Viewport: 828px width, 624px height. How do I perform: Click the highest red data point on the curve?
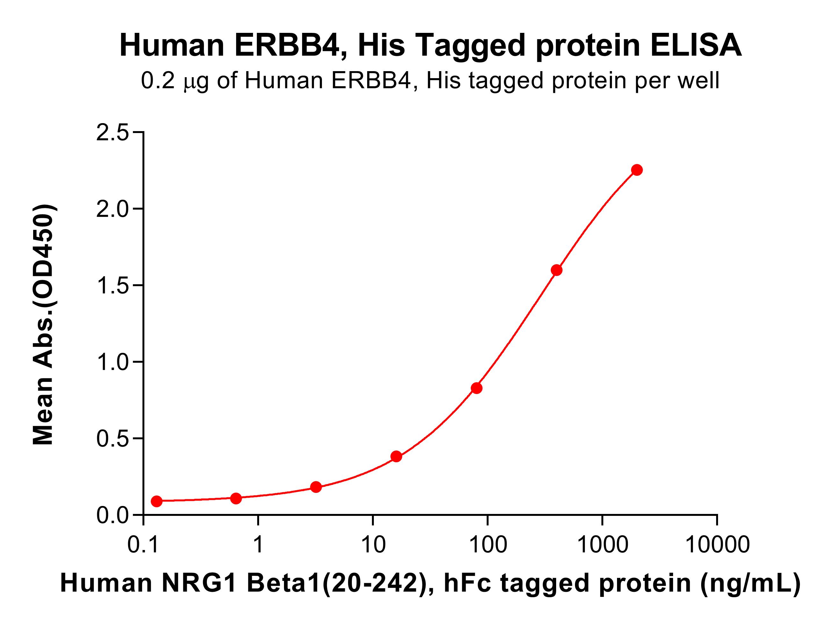tap(637, 170)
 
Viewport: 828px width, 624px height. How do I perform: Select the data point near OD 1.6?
tap(556, 270)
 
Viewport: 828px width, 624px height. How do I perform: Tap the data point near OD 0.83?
tap(476, 388)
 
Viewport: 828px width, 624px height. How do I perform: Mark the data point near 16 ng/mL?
tap(396, 457)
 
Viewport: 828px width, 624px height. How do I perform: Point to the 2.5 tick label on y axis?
tap(112, 133)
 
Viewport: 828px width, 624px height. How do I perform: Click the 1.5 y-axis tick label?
tap(112, 286)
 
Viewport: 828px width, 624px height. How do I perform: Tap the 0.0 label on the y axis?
tap(112, 516)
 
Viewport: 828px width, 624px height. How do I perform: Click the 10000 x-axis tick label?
tap(717, 544)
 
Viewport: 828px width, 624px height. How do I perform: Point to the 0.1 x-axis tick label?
tap(143, 544)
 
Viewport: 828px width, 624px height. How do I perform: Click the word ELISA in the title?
tap(696, 45)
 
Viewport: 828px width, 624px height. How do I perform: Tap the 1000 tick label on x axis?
tap(602, 544)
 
